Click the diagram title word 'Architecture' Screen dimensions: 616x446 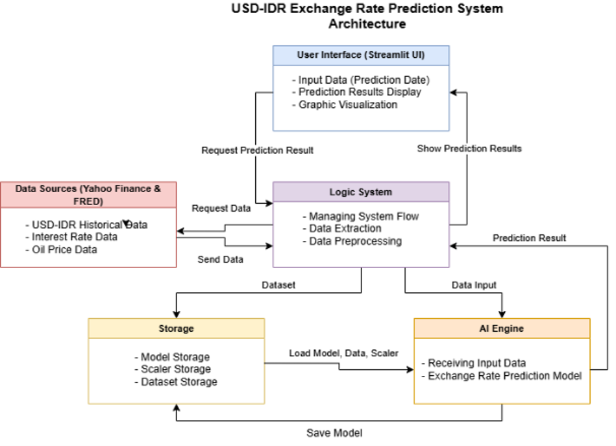tap(367, 24)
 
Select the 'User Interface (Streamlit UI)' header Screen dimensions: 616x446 tap(361, 55)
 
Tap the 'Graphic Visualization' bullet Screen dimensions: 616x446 tap(345, 105)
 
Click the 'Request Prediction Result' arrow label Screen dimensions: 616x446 tap(257, 151)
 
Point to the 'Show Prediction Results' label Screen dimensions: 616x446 tap(469, 149)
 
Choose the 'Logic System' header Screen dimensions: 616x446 tap(361, 192)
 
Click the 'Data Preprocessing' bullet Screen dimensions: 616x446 tap(352, 242)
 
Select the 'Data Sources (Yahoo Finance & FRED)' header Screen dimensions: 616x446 tap(88, 195)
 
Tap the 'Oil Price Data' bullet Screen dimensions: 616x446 tap(61, 250)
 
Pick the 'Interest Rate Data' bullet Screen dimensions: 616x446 tap(71, 237)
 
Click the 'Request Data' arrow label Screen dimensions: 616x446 tap(221, 208)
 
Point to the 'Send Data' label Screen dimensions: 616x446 tap(221, 260)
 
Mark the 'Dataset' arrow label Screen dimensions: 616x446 tap(278, 285)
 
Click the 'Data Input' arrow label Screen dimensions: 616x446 tap(474, 285)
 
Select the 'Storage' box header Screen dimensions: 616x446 tap(176, 328)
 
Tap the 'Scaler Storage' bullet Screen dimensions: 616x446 tap(173, 369)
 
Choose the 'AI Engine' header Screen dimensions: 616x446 tap(502, 328)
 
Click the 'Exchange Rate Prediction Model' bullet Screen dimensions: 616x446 tap(501, 376)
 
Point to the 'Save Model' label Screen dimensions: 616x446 tap(334, 433)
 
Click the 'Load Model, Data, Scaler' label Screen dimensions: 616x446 tap(344, 353)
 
